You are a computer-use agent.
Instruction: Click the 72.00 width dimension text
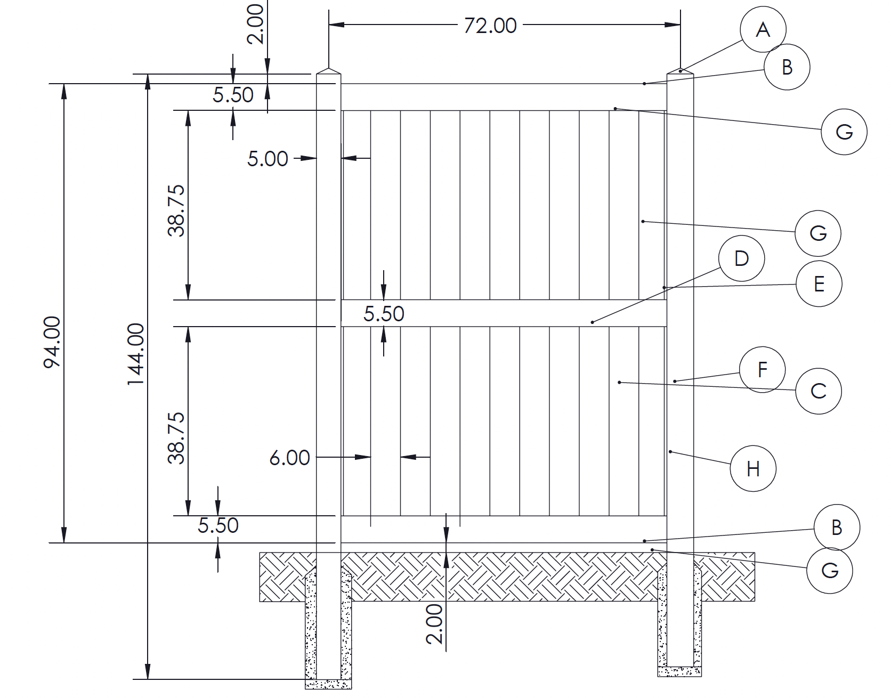pyautogui.click(x=490, y=26)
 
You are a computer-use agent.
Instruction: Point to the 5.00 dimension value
pyautogui.click(x=268, y=158)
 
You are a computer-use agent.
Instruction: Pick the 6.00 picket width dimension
pyautogui.click(x=289, y=458)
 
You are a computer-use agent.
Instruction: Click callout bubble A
pyautogui.click(x=763, y=29)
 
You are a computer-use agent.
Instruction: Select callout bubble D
pyautogui.click(x=741, y=258)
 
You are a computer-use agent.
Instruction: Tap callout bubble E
pyautogui.click(x=819, y=283)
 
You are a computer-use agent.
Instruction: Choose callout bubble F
pyautogui.click(x=762, y=370)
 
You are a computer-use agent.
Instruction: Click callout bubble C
pyautogui.click(x=819, y=391)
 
